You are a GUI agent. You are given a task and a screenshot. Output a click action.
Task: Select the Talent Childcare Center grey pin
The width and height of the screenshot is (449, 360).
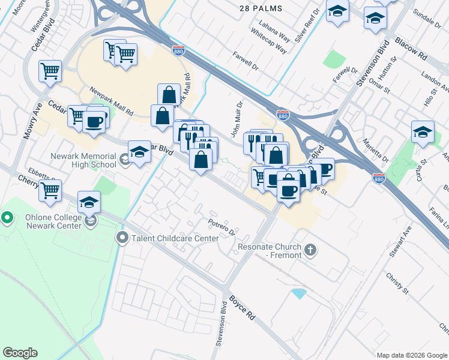[122, 238]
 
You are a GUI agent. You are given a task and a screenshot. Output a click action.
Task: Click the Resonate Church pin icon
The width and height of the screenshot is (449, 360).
[310, 249]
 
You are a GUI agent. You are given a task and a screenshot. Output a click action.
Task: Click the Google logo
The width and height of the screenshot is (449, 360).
[20, 353]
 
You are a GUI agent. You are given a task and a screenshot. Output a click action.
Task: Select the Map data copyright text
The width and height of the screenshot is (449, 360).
[411, 355]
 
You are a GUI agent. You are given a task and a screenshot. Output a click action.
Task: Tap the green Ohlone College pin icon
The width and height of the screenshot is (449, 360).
[7, 217]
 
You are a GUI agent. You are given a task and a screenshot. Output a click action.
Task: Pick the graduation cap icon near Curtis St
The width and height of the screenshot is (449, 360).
[423, 132]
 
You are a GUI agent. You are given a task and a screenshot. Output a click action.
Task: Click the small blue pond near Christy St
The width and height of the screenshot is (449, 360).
[297, 293]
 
